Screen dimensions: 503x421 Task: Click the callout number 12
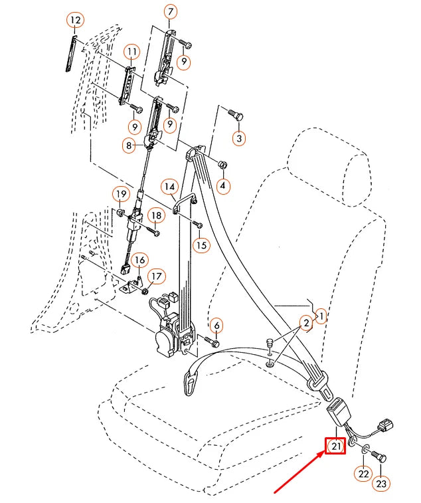coord(75,21)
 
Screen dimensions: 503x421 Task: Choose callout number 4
coord(223,187)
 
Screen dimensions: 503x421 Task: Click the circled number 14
coord(169,186)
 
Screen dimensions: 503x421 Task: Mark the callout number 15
coord(201,245)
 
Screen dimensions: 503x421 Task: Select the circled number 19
coord(120,194)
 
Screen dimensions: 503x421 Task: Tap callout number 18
coord(156,216)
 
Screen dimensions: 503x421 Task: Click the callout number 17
coord(156,276)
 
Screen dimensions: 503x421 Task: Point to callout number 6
coord(217,325)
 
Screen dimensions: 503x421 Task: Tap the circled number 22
coord(363,474)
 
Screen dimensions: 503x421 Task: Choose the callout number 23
coord(381,484)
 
